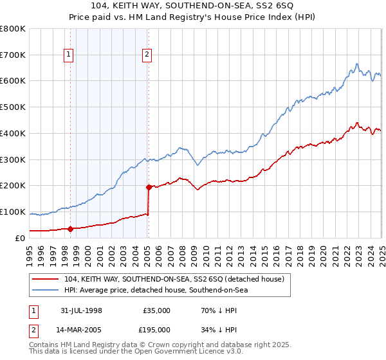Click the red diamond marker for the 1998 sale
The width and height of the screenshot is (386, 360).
click(x=70, y=228)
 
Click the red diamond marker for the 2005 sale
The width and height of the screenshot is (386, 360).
click(x=149, y=187)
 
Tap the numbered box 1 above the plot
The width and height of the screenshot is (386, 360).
click(x=68, y=55)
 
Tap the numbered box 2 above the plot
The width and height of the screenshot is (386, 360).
click(x=147, y=55)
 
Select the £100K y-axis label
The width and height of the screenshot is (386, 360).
click(x=13, y=212)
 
